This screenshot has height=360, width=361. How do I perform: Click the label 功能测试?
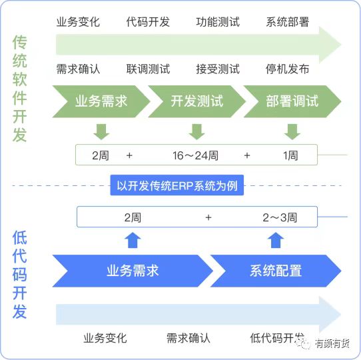click(x=218, y=22)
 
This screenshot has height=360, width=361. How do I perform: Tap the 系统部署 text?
click(x=288, y=22)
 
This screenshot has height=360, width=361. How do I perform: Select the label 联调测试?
click(x=148, y=69)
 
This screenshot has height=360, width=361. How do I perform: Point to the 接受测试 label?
click(x=218, y=69)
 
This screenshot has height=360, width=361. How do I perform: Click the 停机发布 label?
click(x=288, y=69)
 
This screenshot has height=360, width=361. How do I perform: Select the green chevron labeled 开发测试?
click(x=197, y=101)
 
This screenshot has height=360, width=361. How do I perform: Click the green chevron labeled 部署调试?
click(x=292, y=101)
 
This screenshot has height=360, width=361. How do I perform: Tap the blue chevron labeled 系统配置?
click(x=276, y=271)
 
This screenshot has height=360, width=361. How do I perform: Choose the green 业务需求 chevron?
click(x=101, y=101)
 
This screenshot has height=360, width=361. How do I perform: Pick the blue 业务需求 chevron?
click(x=133, y=271)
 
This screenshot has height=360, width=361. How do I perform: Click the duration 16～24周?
click(x=195, y=155)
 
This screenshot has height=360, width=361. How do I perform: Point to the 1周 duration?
click(x=290, y=155)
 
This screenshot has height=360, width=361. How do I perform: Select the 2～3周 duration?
click(x=280, y=217)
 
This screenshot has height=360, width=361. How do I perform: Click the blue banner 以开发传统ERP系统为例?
click(x=177, y=185)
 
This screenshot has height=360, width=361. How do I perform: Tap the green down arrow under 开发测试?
click(x=197, y=131)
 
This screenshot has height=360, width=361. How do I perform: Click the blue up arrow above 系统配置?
click(x=276, y=240)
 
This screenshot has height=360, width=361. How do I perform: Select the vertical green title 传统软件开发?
click(x=19, y=89)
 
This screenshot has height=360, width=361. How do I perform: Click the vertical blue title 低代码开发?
click(x=19, y=275)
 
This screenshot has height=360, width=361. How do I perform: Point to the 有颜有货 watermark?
click(x=332, y=343)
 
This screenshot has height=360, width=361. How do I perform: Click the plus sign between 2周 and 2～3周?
click(x=208, y=217)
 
